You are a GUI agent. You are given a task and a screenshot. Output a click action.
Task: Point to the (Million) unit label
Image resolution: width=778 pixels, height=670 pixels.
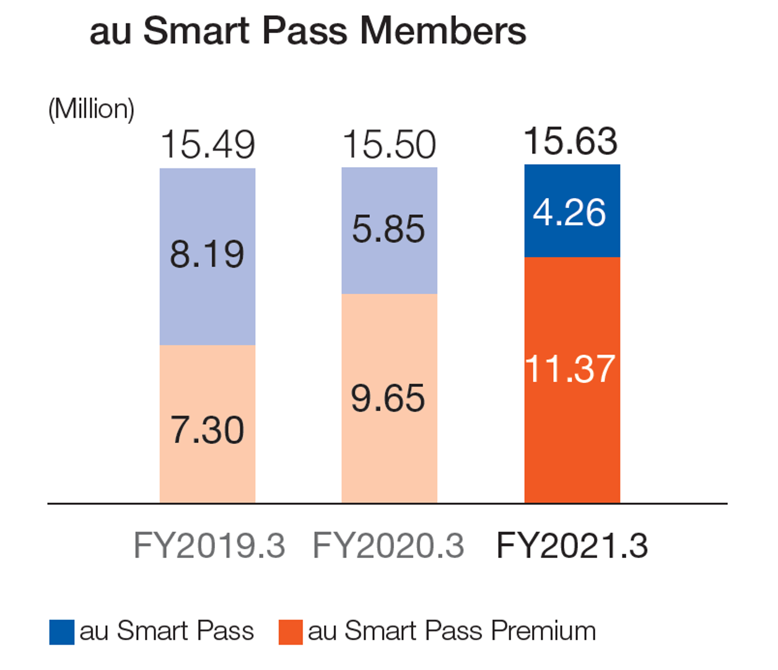(x=91, y=109)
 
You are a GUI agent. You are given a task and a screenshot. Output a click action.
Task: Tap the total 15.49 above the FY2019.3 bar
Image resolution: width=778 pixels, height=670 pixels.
(x=208, y=145)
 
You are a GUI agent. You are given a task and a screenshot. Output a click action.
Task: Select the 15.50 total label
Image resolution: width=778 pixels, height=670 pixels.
(x=390, y=145)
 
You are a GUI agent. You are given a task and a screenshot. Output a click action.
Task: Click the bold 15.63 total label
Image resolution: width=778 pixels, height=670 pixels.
(x=570, y=141)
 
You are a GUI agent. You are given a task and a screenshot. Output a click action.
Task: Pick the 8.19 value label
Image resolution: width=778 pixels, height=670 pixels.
(x=208, y=254)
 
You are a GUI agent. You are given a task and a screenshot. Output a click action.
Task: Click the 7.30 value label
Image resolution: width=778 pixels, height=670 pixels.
(x=208, y=430)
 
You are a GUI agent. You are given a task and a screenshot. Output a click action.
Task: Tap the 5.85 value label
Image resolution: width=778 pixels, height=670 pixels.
(x=389, y=229)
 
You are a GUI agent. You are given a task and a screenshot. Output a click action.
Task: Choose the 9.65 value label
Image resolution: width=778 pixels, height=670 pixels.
(x=388, y=398)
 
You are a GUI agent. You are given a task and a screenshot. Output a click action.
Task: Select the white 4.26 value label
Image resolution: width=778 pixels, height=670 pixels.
(x=570, y=212)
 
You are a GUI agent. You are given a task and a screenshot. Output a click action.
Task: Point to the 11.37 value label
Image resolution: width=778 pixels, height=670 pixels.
(x=570, y=369)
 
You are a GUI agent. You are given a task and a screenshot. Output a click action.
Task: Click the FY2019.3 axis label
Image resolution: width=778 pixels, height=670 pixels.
(x=209, y=546)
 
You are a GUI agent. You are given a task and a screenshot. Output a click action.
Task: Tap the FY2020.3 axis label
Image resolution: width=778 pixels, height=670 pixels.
(x=388, y=546)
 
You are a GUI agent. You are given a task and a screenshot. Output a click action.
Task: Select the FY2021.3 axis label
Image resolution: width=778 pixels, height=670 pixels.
(x=572, y=546)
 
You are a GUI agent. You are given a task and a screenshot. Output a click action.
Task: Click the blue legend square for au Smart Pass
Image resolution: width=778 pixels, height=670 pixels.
(x=62, y=632)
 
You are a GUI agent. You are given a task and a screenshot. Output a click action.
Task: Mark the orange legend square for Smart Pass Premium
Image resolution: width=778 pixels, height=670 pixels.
(x=291, y=632)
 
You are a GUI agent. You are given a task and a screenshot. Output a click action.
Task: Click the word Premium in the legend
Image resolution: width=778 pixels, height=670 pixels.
(x=543, y=631)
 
